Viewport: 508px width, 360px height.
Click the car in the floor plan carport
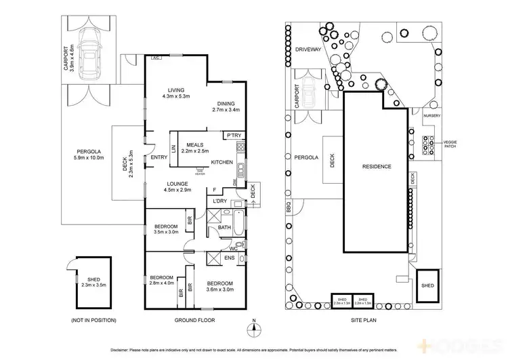[x=89, y=54]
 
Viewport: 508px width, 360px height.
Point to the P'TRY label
[x=234, y=134]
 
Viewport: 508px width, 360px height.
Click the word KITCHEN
[x=222, y=162]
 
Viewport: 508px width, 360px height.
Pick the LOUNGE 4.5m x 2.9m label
[x=179, y=186]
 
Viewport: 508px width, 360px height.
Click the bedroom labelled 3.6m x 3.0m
[x=219, y=286]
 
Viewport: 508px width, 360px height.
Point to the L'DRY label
[x=219, y=201]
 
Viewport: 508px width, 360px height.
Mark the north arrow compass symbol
[x=253, y=328]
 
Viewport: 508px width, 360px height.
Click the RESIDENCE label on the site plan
[x=377, y=166]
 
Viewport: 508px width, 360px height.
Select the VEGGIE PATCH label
[x=451, y=144]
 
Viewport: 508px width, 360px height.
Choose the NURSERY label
[x=431, y=115]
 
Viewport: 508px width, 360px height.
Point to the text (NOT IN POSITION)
[x=93, y=320]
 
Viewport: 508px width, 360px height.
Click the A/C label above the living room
[x=155, y=59]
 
